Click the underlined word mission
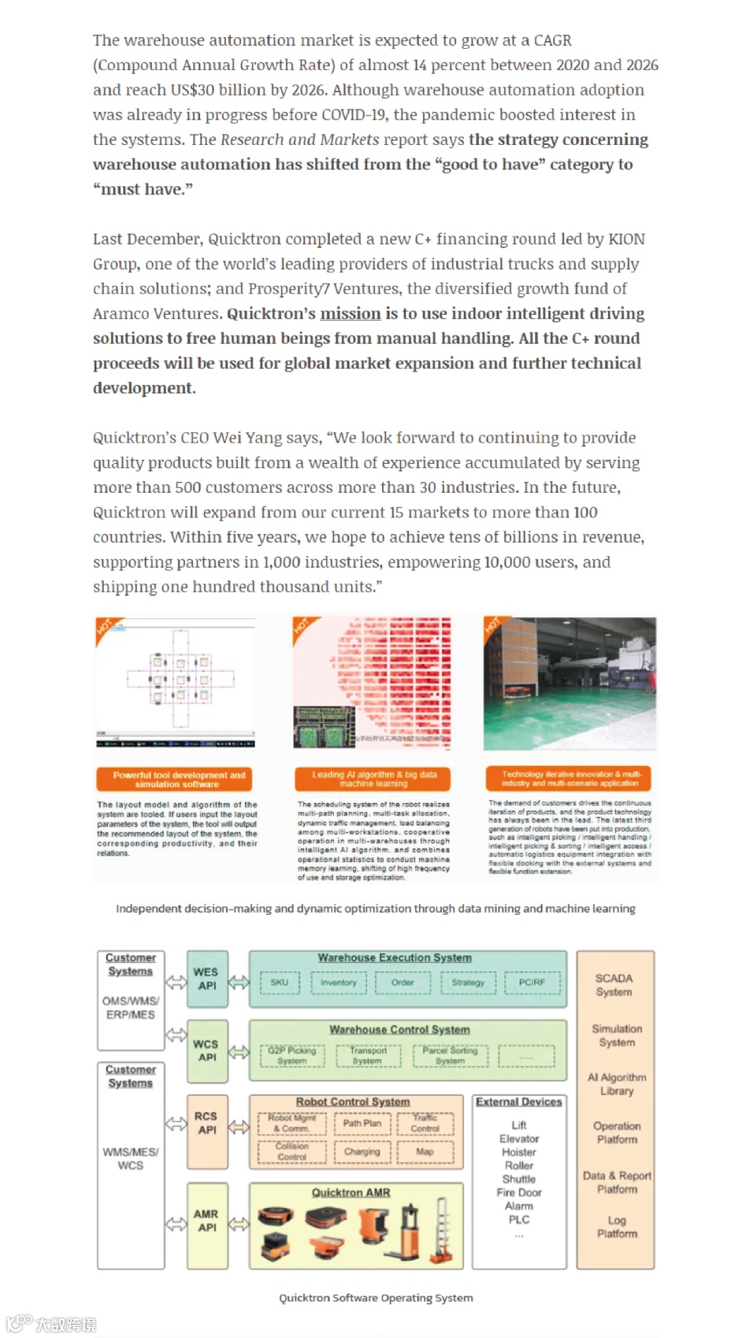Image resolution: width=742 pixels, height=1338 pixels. click(x=350, y=313)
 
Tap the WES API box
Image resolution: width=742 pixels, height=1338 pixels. click(x=207, y=979)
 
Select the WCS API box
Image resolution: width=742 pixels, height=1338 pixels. click(x=207, y=1050)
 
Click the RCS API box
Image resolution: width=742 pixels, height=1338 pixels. click(x=207, y=1123)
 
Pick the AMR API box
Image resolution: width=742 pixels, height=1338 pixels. click(x=207, y=1220)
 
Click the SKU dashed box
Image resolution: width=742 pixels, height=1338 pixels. click(x=280, y=983)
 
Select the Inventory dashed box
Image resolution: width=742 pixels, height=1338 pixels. click(x=338, y=983)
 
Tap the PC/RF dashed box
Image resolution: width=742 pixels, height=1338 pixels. click(x=532, y=983)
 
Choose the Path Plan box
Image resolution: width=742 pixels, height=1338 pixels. click(x=362, y=1123)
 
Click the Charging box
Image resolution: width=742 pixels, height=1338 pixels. click(x=362, y=1152)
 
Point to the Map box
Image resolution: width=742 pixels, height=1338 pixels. click(x=425, y=1152)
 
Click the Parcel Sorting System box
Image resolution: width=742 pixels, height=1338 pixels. click(x=450, y=1056)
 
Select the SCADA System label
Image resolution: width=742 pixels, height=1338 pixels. click(x=614, y=985)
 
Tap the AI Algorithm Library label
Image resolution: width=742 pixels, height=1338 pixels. click(x=616, y=1084)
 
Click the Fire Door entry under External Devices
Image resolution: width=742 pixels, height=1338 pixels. click(x=519, y=1192)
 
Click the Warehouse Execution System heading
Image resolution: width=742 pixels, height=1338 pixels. click(x=394, y=957)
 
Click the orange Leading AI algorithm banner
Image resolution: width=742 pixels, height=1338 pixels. click(x=374, y=779)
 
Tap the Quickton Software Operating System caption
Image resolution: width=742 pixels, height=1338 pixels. click(x=376, y=1297)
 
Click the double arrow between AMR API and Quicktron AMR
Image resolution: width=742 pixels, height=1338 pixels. click(x=238, y=1224)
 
